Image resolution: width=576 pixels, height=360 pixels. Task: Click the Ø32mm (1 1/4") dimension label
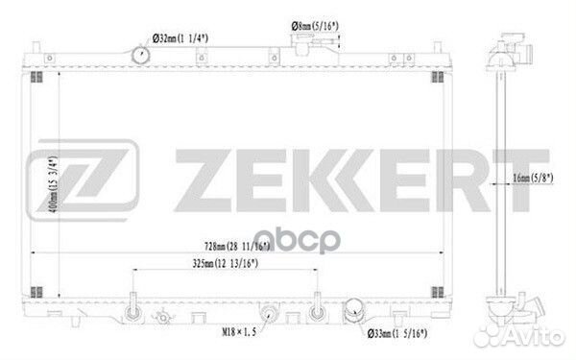(180, 38)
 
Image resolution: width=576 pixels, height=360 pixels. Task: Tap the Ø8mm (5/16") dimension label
(315, 26)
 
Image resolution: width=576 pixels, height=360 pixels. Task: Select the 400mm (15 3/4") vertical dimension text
(53, 184)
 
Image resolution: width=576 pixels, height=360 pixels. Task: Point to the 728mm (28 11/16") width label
(237, 246)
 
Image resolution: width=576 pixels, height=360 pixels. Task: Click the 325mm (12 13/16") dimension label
(226, 263)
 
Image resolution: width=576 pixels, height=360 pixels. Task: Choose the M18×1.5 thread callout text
(239, 332)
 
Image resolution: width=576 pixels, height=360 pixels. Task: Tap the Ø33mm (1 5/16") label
(397, 333)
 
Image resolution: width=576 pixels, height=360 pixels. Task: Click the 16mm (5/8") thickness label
(533, 178)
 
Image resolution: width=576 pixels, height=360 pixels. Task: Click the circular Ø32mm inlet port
(140, 55)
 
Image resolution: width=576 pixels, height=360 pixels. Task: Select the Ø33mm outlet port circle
(354, 311)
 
